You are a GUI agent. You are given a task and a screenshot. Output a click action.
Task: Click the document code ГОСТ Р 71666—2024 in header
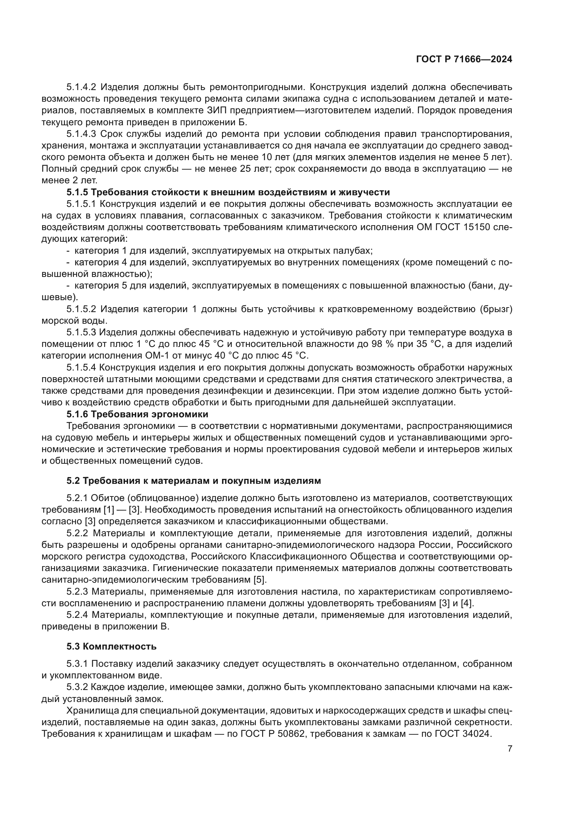click(x=464, y=59)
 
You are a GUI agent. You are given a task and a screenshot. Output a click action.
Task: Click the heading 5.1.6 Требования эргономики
click(x=137, y=414)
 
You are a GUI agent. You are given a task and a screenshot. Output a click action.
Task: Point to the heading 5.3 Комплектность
click(x=112, y=647)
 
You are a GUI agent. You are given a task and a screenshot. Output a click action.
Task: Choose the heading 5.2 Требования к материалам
click(x=194, y=481)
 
